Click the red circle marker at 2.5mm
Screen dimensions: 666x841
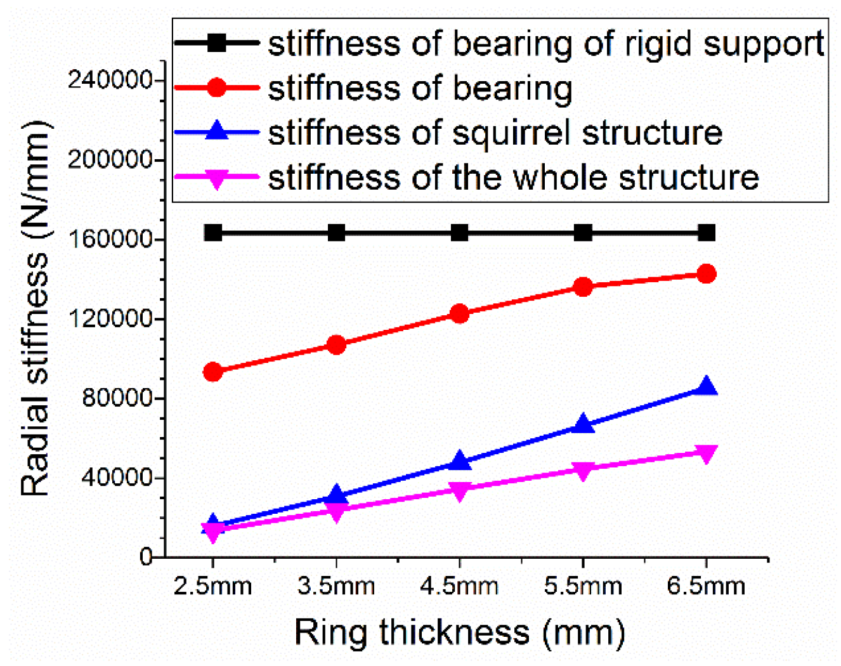click(213, 372)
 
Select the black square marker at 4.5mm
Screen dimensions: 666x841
click(460, 233)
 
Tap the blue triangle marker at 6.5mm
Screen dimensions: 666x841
click(706, 387)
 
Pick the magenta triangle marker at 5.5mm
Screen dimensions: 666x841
click(583, 470)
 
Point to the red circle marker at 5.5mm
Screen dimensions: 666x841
click(583, 287)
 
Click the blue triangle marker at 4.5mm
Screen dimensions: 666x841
click(460, 461)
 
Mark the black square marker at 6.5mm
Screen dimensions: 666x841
click(706, 233)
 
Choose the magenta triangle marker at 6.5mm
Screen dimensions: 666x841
click(706, 454)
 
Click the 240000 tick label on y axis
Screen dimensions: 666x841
click(110, 81)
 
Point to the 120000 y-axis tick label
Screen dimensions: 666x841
click(110, 318)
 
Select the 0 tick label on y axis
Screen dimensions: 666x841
click(147, 557)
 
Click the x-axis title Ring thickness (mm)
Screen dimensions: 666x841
click(460, 632)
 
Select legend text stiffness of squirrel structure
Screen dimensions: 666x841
click(495, 133)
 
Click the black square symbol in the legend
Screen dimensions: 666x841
click(216, 43)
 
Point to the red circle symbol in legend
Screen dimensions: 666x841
click(216, 88)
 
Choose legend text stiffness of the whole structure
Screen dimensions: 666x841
click(513, 178)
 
